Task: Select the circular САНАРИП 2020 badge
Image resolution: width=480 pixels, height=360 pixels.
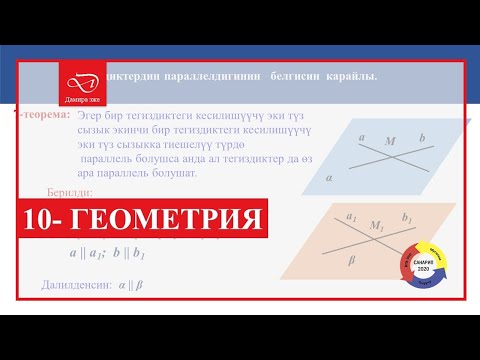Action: [x=420, y=263]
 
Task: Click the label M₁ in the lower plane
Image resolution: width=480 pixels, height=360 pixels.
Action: [x=376, y=226]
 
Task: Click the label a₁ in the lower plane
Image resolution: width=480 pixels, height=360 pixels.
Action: [x=351, y=215]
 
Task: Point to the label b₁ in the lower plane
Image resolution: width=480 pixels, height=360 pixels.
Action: [x=406, y=217]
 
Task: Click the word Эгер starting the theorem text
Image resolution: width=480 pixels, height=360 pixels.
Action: [x=90, y=117]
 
